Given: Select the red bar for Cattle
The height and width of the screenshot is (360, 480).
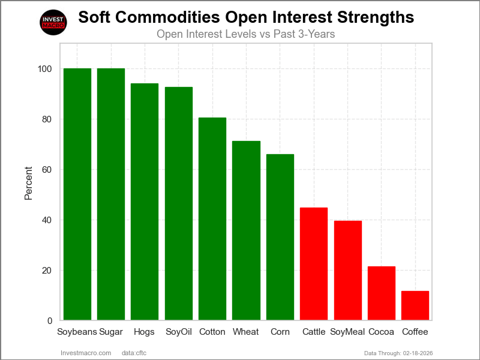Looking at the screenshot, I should [314, 264].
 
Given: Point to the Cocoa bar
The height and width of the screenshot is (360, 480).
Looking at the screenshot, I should [382, 293].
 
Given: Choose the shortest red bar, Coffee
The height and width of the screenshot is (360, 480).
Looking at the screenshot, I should [415, 305].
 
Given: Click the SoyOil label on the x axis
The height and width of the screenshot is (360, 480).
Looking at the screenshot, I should [179, 332].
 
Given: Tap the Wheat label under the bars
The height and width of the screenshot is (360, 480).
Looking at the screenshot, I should [246, 332].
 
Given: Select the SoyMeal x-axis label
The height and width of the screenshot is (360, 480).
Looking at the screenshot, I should [347, 332].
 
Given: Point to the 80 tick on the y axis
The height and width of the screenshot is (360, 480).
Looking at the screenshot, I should [47, 119].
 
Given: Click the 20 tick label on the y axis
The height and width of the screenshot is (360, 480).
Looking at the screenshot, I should [47, 271].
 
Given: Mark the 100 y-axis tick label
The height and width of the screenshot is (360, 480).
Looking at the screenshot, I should [44, 69].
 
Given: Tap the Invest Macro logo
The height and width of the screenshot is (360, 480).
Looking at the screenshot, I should [53, 23].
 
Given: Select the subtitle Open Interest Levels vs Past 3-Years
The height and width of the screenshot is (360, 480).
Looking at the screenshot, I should [245, 34].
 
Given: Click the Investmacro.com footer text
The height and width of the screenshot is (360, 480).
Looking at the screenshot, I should [86, 353].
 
